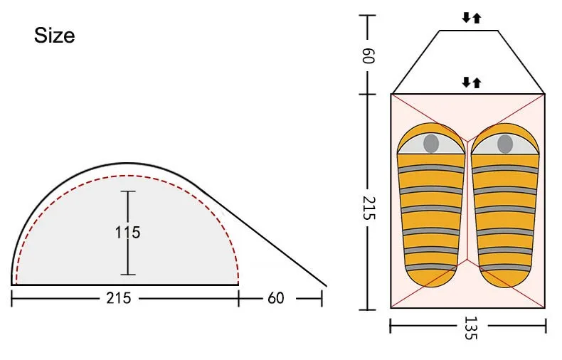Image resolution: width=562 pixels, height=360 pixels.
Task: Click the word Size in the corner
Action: coord(55,36)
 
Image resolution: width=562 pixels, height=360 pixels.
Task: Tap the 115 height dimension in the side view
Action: coord(127,233)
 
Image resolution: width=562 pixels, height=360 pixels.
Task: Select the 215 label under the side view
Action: coord(119,298)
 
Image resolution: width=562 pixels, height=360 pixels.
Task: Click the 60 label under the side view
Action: coord(275,298)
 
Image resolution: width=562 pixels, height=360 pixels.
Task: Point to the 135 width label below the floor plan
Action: coord(471,328)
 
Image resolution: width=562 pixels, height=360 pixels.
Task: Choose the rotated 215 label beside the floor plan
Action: coord(369,208)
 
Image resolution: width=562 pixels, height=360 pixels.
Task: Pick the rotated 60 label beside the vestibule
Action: coord(368,55)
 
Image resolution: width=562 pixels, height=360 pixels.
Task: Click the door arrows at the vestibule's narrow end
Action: coord(471,18)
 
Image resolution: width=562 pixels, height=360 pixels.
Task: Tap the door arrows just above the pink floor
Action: coord(471,83)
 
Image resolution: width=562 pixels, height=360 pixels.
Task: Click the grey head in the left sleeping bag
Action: coord(431,144)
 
